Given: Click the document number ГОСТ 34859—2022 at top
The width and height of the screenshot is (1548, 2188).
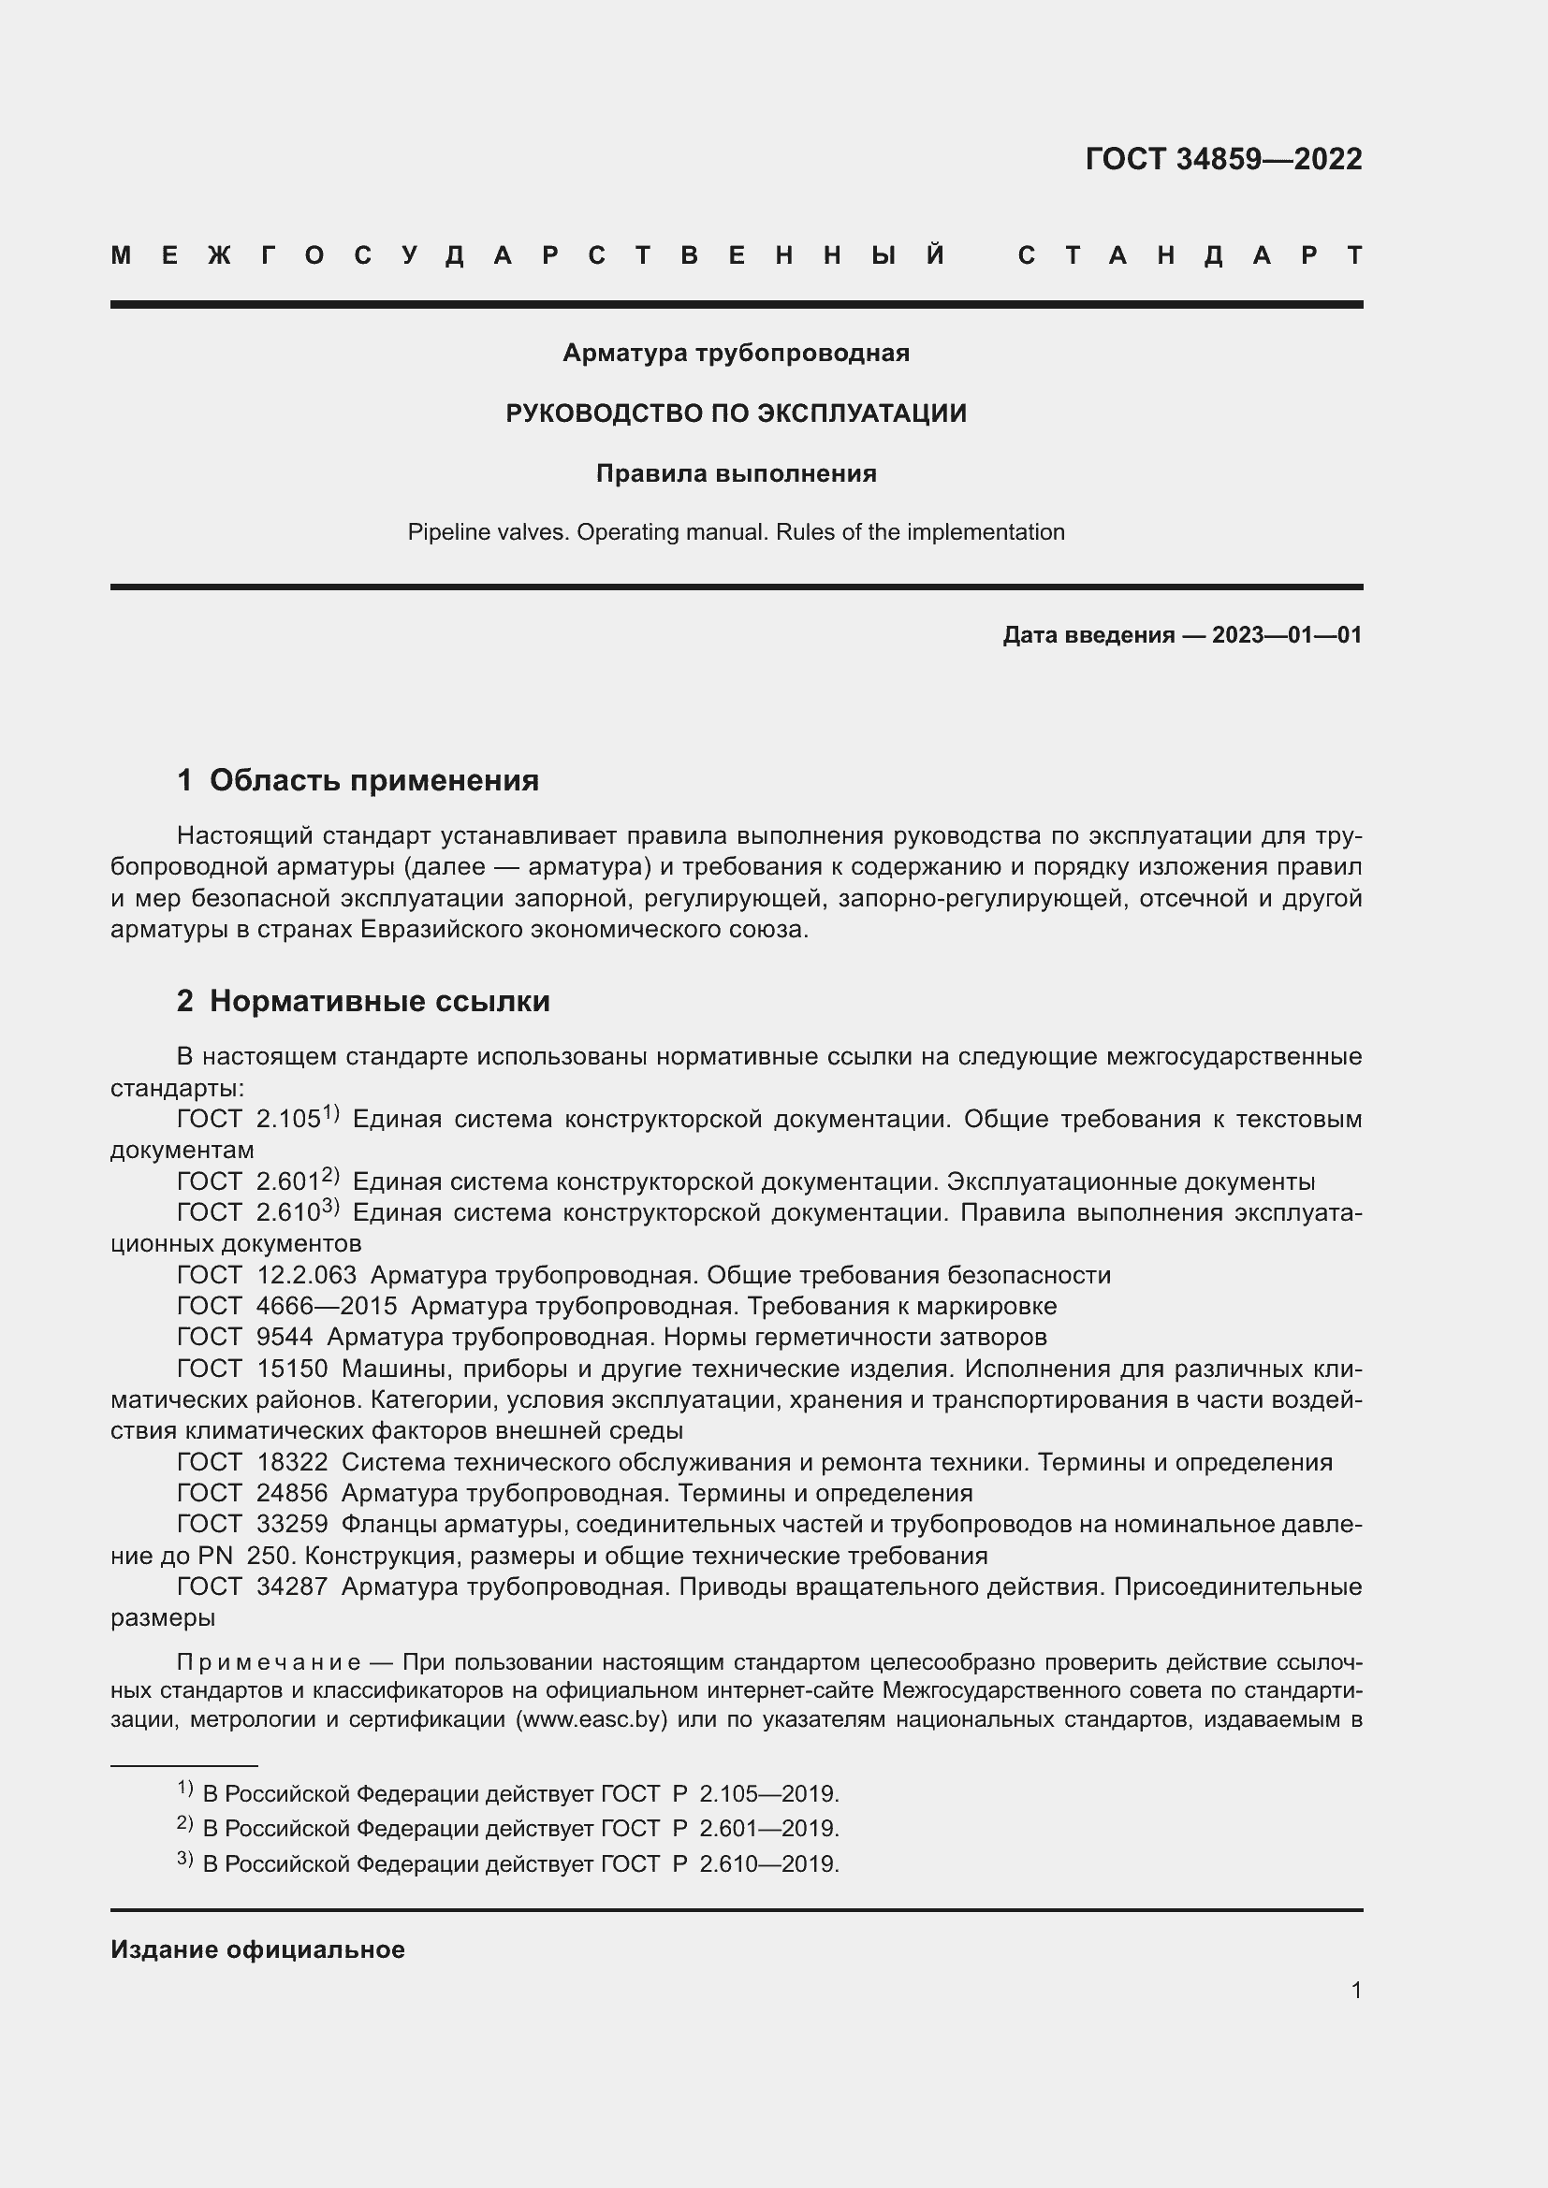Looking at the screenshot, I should (1223, 158).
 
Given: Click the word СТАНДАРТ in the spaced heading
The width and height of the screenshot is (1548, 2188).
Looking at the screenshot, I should (1190, 255).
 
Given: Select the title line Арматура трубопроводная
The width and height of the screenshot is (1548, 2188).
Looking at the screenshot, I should (736, 353).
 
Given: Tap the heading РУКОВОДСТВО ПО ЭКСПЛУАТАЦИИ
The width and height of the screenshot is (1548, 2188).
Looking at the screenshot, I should (736, 413).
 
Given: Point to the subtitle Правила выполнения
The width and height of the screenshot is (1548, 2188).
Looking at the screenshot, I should (736, 473).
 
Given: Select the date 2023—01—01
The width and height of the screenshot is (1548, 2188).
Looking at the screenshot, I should (1286, 634).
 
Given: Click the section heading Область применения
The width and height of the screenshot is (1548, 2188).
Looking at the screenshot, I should (373, 780).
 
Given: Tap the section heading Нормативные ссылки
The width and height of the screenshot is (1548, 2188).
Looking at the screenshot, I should (379, 1001).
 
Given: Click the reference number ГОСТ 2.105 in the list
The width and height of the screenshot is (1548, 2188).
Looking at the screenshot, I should (250, 1120).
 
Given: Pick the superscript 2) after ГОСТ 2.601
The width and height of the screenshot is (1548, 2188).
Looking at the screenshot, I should (329, 1175).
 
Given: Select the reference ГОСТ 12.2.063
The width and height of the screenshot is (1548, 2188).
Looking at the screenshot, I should (267, 1275).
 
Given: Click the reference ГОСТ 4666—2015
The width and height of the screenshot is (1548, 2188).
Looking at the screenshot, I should (287, 1306).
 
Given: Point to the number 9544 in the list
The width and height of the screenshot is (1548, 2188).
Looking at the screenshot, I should (285, 1337).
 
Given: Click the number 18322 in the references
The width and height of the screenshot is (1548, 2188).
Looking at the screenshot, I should (292, 1462).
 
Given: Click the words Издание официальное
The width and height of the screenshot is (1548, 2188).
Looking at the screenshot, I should (257, 1949).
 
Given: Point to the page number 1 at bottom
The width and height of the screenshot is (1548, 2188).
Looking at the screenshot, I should (1355, 1990).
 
